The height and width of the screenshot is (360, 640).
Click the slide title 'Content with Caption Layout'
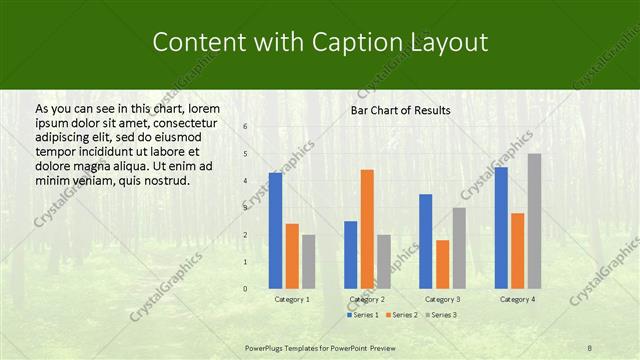[x=319, y=42]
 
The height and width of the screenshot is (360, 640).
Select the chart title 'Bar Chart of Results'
[x=400, y=110]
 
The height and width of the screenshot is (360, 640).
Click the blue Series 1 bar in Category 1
[x=275, y=230]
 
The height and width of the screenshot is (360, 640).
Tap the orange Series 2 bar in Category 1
[x=292, y=256]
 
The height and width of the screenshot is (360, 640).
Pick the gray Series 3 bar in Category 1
[x=308, y=261]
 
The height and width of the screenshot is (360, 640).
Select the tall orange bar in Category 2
[x=367, y=229]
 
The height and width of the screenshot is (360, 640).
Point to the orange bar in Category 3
[x=442, y=264]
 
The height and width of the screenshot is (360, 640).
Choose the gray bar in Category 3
[x=459, y=248]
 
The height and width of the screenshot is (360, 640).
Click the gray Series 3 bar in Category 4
[x=534, y=221]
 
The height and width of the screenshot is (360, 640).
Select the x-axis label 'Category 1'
[x=292, y=299]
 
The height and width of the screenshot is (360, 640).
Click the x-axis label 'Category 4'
[x=517, y=299]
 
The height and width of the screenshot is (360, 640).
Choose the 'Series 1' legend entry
[x=362, y=315]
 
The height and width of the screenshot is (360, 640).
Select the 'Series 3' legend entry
[x=440, y=315]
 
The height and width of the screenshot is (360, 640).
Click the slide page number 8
[x=590, y=347]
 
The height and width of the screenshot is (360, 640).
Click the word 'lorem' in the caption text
[x=204, y=108]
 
